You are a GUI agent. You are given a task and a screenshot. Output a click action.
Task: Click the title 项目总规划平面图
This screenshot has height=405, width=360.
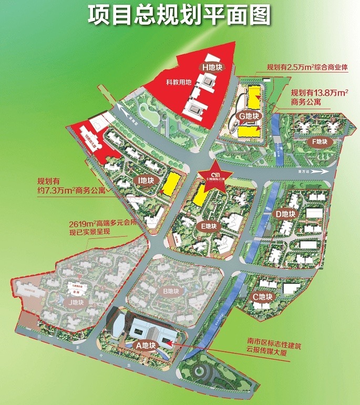click(x=179, y=16)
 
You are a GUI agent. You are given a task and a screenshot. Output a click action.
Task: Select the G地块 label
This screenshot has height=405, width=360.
click(x=249, y=116)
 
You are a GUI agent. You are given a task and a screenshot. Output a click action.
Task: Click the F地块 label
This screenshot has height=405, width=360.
click(x=319, y=141)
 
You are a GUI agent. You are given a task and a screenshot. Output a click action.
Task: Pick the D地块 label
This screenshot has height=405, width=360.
click(x=286, y=214)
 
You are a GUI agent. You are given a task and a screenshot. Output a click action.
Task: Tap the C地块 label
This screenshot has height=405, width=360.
click(x=262, y=297)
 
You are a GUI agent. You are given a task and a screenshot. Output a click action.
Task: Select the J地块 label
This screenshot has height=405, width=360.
click(x=73, y=302)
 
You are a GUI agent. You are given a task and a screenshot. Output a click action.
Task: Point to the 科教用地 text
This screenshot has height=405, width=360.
click(x=177, y=83)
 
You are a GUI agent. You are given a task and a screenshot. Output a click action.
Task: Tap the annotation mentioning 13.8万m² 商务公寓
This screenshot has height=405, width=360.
click(x=320, y=98)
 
